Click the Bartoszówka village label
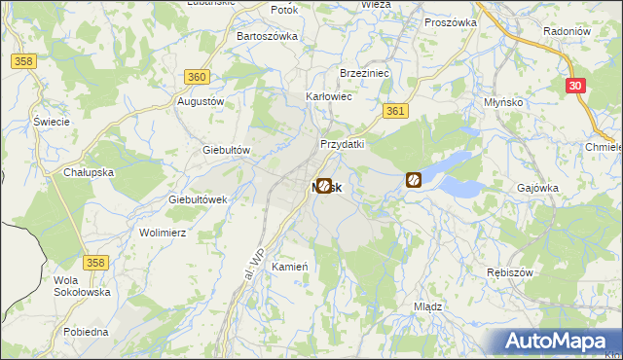[267, 36]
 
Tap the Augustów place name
[201, 101]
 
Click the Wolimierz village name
[163, 234]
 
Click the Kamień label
[290, 267]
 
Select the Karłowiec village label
[329, 97]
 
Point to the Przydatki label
[343, 144]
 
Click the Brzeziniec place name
[364, 73]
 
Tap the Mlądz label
[428, 306]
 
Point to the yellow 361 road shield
[394, 112]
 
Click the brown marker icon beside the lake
[414, 180]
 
